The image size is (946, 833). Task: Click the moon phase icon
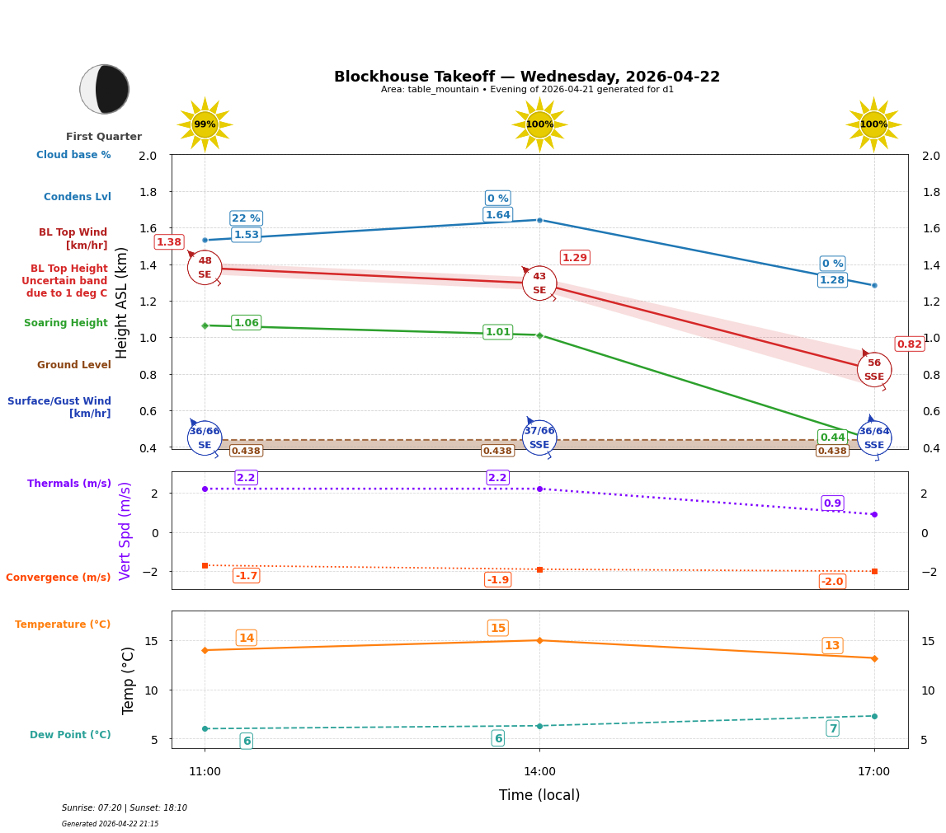click(105, 89)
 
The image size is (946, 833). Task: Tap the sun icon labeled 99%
click(205, 124)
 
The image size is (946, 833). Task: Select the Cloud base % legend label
click(73, 155)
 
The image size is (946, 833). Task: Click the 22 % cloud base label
click(246, 218)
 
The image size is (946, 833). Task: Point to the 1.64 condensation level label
click(497, 215)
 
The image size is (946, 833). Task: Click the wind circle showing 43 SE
click(539, 283)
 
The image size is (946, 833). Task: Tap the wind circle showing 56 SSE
click(873, 369)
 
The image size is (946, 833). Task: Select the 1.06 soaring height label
click(246, 323)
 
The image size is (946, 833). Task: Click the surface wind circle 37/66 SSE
click(539, 438)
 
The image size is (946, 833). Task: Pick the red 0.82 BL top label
click(909, 344)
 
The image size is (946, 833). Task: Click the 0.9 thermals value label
click(832, 503)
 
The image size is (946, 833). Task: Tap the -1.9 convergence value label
click(497, 580)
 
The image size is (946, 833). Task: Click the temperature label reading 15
click(497, 628)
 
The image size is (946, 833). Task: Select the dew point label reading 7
click(832, 728)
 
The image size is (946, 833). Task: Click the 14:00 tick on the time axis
click(539, 772)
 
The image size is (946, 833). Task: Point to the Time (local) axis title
click(539, 795)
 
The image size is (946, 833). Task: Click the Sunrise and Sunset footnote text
click(125, 808)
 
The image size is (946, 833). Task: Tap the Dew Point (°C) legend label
click(70, 735)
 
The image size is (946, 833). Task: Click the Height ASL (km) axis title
click(123, 302)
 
